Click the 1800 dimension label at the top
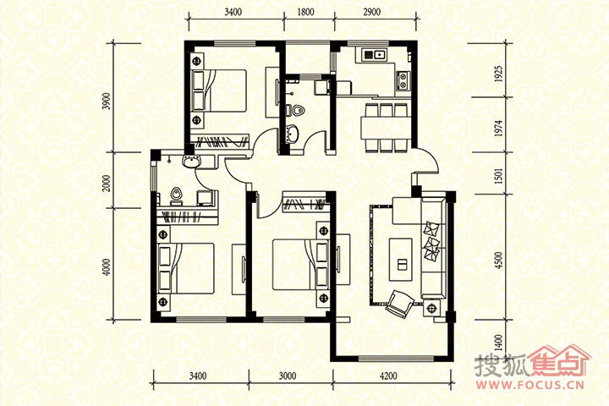(x=305, y=12)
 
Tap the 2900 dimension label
(x=371, y=12)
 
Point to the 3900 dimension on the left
(x=108, y=101)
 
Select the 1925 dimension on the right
(x=499, y=74)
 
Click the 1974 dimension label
(x=499, y=128)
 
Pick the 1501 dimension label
(x=499, y=176)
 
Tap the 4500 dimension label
(x=499, y=260)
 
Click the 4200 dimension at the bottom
(x=388, y=376)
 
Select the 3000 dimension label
(x=288, y=376)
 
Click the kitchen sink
(x=374, y=55)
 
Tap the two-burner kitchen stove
(x=403, y=80)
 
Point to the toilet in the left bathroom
(x=177, y=196)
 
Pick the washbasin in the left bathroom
(x=191, y=162)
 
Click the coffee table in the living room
(x=401, y=259)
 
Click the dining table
(x=386, y=127)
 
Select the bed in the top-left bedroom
(x=219, y=91)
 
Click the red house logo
(x=558, y=360)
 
